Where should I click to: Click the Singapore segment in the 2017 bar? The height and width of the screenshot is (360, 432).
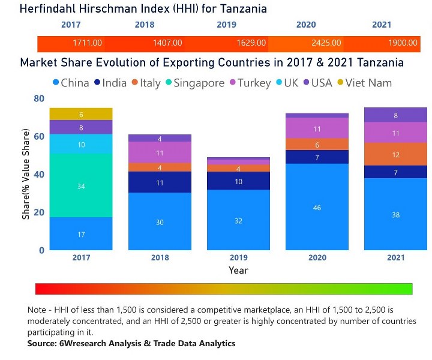tap(80, 186)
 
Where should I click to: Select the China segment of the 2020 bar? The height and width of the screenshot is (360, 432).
tap(317, 206)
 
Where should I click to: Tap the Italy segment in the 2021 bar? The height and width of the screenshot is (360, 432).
tap(395, 154)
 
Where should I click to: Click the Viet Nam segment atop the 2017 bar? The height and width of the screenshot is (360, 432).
tap(80, 114)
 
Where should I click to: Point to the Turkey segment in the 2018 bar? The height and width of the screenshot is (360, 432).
tap(159, 152)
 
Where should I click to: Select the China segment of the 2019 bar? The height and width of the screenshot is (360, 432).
tap(238, 220)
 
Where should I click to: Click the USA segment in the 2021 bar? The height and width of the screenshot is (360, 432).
tap(395, 115)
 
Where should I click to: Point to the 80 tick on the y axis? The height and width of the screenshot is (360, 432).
tap(39, 98)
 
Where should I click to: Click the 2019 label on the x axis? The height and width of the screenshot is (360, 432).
tap(238, 257)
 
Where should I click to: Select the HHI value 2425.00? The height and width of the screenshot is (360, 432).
tap(326, 43)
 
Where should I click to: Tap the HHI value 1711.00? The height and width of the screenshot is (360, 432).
tap(88, 43)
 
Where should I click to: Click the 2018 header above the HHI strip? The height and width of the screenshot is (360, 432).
tap(145, 25)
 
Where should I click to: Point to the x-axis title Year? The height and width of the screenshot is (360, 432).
tap(238, 271)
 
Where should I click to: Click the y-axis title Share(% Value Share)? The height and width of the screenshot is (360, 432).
tap(26, 173)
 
